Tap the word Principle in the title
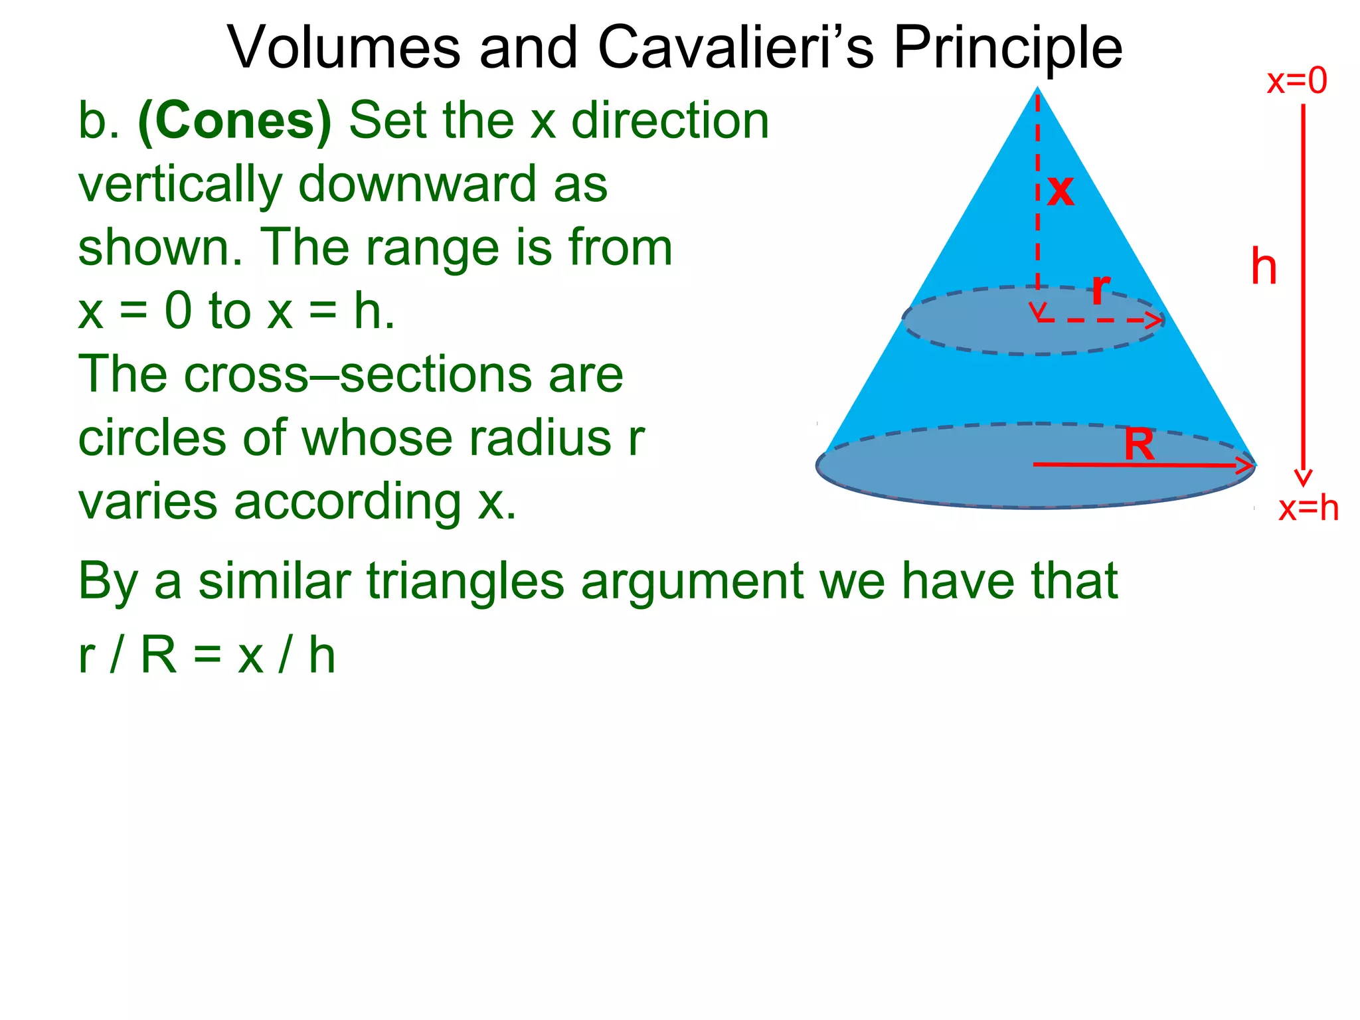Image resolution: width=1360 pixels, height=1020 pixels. tap(1007, 48)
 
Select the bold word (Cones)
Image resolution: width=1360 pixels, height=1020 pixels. tap(234, 122)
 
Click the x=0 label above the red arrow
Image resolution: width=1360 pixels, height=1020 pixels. tap(1296, 81)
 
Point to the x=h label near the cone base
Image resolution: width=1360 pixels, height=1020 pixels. tap(1308, 509)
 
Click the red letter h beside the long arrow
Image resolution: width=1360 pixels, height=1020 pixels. tap(1264, 267)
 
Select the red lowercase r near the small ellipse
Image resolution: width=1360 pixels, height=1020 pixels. tap(1100, 289)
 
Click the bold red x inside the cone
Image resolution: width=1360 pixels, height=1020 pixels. tap(1061, 191)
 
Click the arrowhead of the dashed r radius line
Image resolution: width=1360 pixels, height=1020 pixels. tap(1155, 321)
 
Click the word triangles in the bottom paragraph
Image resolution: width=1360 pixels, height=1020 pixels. tap(466, 582)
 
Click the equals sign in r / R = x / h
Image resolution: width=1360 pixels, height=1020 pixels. tap(207, 656)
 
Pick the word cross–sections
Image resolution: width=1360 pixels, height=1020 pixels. tap(351, 375)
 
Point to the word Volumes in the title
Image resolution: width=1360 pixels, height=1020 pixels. tap(344, 48)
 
